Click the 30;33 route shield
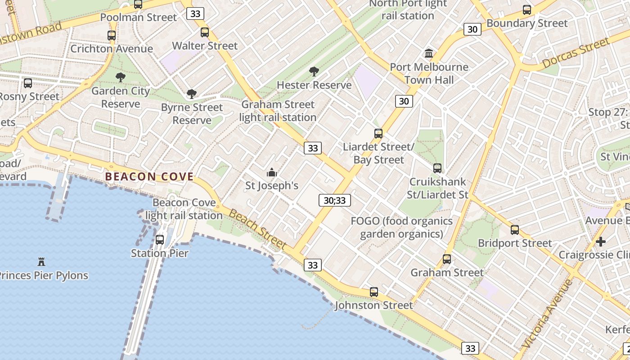coord(334,200)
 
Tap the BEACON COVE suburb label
coord(149,177)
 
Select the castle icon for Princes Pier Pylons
coord(41,261)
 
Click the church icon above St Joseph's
coord(271,172)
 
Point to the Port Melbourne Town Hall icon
coord(429,54)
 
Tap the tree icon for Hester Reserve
coord(314,71)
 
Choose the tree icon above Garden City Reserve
coord(120,77)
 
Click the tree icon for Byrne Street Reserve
coord(192,94)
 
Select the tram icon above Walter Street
coord(205,32)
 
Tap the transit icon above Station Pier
coord(160,239)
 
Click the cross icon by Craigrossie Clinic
coord(601,242)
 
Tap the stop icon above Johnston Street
coord(374,292)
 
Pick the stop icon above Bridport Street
coord(515,230)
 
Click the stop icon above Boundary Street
coord(527,9)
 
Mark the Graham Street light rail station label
coord(278,111)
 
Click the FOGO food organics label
coord(401,227)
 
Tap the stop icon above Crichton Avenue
coord(112,35)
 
